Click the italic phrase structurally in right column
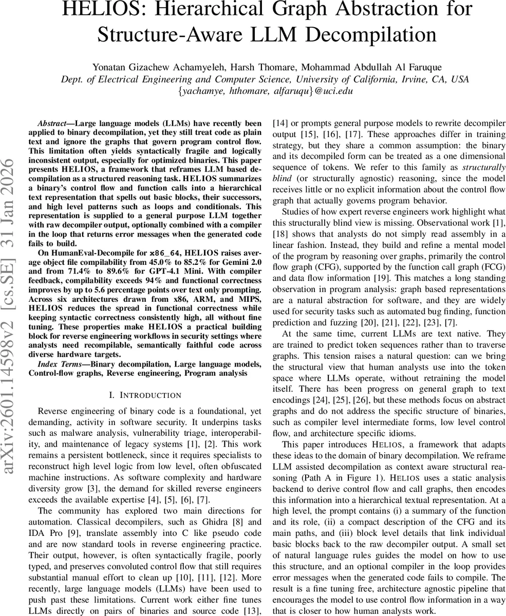484,167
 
